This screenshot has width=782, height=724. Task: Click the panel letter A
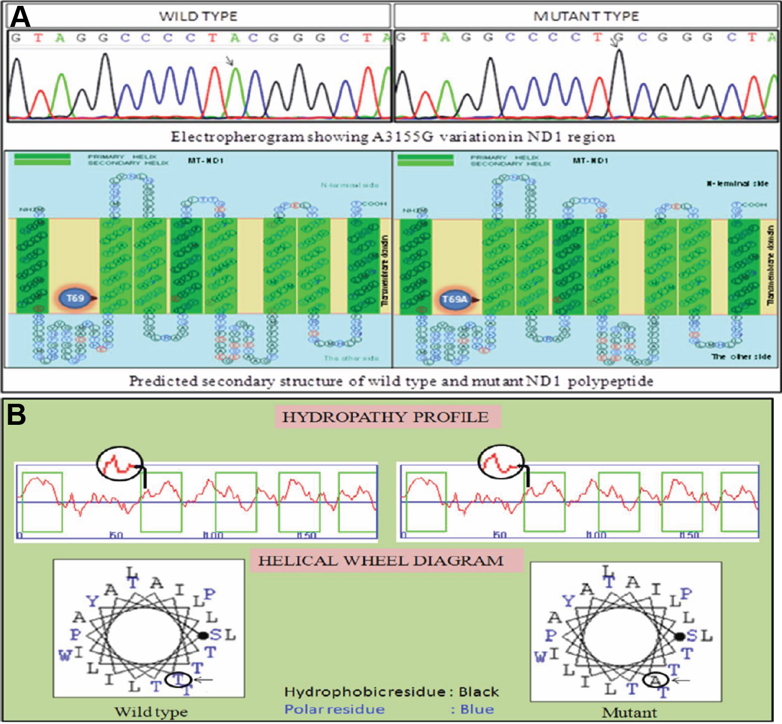20,16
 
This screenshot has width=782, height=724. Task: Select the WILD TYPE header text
198,16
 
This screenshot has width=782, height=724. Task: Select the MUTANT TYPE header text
586,16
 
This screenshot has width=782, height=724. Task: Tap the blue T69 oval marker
75,299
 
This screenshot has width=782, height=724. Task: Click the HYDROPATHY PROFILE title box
385,417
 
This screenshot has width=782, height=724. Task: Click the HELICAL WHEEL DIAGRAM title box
381,561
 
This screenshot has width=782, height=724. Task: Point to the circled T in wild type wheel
178,679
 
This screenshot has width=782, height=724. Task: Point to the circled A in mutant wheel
656,680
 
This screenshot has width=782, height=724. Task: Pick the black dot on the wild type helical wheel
203,635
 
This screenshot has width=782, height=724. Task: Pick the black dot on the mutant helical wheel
680,636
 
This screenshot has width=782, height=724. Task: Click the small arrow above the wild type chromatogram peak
230,60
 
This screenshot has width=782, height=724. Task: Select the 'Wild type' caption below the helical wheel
151,711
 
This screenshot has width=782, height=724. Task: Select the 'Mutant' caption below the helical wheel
630,712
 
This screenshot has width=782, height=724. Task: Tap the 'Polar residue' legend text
335,709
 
